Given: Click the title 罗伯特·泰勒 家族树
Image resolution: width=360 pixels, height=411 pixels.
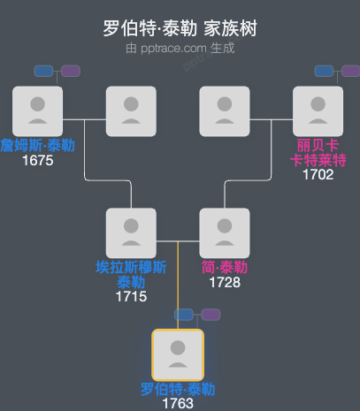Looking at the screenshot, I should pos(180,27).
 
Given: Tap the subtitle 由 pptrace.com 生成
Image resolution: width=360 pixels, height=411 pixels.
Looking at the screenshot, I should pos(180,48).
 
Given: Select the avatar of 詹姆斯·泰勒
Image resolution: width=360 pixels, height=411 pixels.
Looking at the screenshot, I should pos(38,111).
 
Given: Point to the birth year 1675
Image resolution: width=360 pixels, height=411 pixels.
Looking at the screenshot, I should pos(38,161).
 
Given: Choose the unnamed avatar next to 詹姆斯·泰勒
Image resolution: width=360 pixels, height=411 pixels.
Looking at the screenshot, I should pos(131,111).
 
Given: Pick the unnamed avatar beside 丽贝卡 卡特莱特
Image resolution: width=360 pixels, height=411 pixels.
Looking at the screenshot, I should pos(225,111).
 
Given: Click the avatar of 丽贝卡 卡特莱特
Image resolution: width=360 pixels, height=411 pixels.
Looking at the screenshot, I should pos(318,111).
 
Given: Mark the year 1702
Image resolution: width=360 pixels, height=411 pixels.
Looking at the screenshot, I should pos(318,174).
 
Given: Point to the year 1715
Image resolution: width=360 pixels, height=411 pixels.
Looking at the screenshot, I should pos(131,297).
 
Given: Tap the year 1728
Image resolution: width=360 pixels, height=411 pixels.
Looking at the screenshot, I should pos(225,283).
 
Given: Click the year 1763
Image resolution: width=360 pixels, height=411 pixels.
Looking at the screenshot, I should pos(178,404).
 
